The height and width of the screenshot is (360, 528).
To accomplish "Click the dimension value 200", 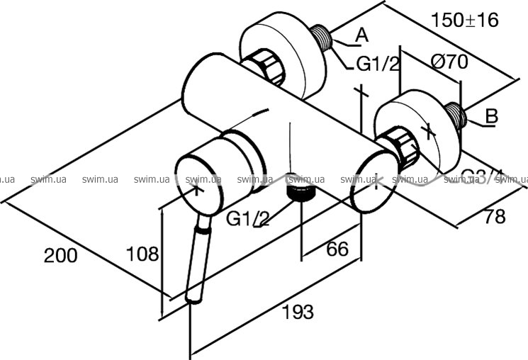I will point(61,255).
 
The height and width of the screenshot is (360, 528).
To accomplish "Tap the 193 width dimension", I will point(297,310).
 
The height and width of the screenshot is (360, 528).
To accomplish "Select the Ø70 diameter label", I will point(449,62).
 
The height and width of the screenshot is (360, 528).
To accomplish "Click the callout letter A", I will point(361,33).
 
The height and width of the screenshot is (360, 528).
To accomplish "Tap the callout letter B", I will point(492,115).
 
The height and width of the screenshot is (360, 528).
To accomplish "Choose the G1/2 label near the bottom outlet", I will point(248,219).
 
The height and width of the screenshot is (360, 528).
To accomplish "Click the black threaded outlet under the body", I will point(301,193).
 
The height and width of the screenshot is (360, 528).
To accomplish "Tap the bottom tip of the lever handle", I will point(194,301).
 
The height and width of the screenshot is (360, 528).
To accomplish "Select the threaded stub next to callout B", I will point(455,118).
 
